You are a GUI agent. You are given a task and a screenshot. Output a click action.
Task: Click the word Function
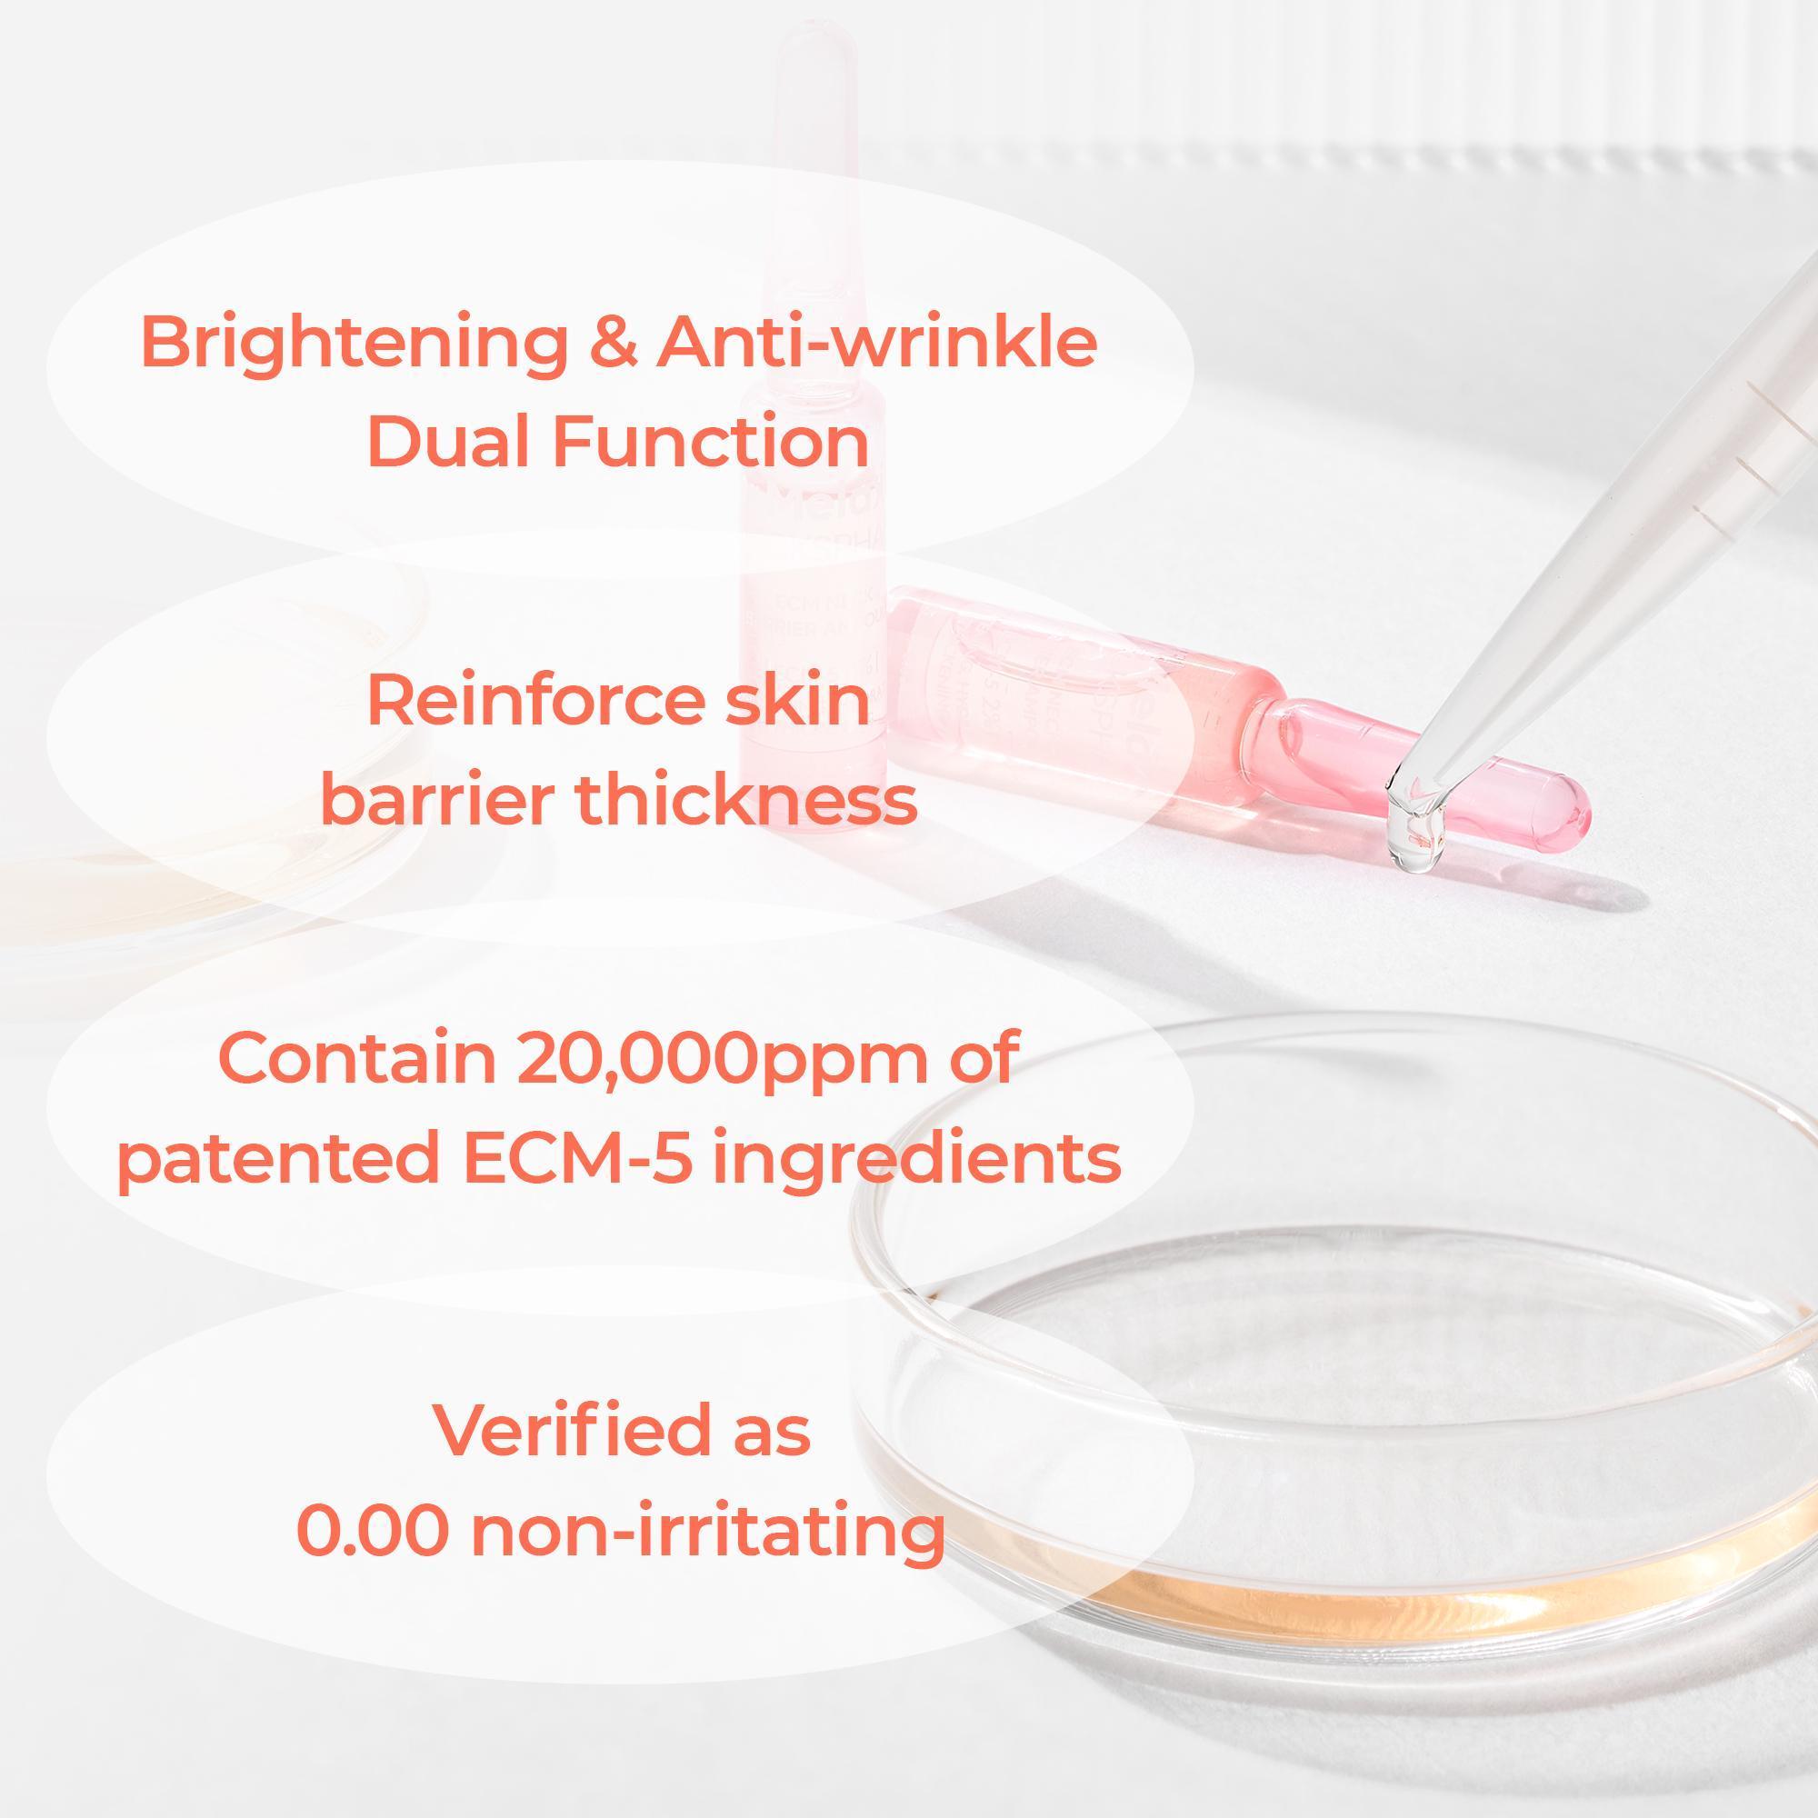click(711, 442)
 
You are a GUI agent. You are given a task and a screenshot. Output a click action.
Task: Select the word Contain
click(356, 1058)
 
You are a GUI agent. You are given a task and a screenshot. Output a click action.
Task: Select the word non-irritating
click(706, 1531)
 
